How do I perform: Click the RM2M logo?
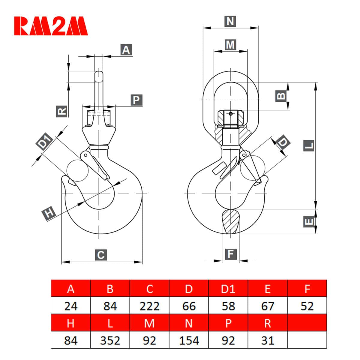[x=51, y=26]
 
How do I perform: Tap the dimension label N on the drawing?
[x=230, y=21]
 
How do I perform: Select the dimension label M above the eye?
[x=230, y=45]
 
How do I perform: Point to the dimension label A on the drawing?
[x=126, y=50]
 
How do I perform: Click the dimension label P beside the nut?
[x=136, y=100]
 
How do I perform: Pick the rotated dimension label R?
[x=62, y=111]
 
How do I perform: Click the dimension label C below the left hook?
[x=101, y=255]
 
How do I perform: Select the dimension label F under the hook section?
[x=231, y=254]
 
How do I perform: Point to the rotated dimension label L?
[x=309, y=145]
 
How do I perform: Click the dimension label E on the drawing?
[x=309, y=222]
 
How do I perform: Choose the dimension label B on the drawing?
[x=281, y=96]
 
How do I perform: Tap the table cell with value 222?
[x=149, y=306]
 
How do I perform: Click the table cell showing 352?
[x=110, y=340]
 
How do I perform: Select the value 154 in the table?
[x=189, y=340]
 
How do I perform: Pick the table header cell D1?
[x=228, y=289]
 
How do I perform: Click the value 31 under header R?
[x=268, y=340]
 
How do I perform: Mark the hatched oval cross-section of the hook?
[x=231, y=221]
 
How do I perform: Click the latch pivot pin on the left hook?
[x=86, y=155]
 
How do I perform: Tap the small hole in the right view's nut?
[x=231, y=114]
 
